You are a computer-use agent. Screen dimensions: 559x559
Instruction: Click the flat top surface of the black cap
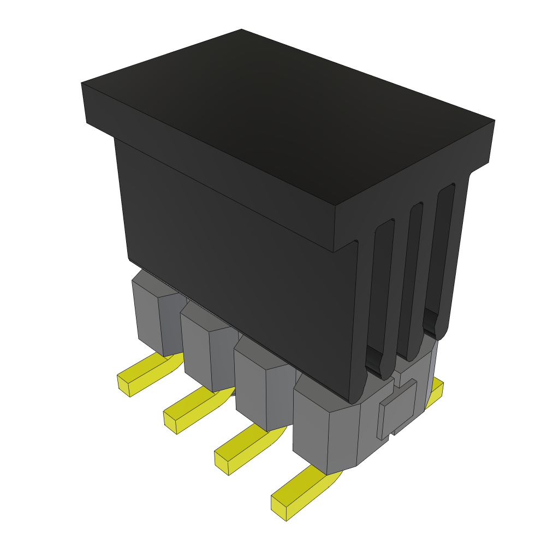(284, 115)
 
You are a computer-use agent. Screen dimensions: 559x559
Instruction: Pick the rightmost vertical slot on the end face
(441, 257)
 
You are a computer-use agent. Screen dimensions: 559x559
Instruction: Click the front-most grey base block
(322, 431)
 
